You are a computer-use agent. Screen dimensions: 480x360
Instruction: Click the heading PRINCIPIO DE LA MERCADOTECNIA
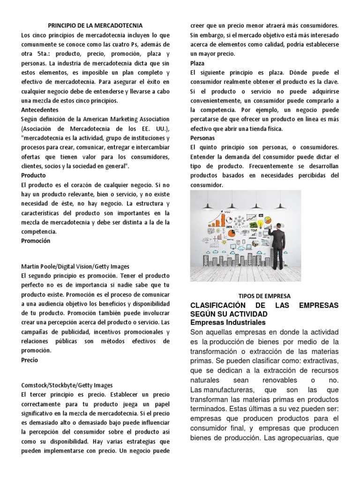tap(96, 25)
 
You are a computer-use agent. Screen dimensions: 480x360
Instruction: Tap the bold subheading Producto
tap(34, 175)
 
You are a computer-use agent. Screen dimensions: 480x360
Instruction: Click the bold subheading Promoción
tap(36, 240)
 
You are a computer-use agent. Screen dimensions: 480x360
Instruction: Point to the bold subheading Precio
tap(30, 360)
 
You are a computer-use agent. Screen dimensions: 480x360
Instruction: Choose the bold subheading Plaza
tap(198, 63)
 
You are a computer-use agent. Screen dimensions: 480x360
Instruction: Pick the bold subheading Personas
tap(202, 138)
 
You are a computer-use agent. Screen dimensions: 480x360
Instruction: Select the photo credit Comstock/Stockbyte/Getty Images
tap(67, 385)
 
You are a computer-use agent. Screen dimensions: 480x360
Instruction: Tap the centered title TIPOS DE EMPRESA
tap(264, 296)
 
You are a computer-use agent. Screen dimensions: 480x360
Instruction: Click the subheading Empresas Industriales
tap(228, 322)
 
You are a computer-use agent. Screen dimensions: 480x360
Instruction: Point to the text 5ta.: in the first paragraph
tap(44, 53)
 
